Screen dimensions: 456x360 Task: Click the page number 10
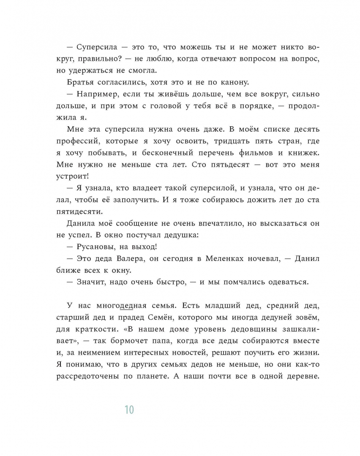click(x=129, y=409)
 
